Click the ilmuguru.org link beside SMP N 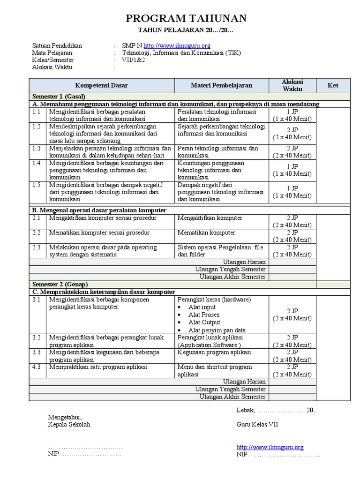pyautogui.click(x=177, y=45)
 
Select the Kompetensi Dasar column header pyautogui.click(x=102, y=85)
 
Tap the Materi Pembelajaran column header pyautogui.click(x=221, y=85)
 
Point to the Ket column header pyautogui.click(x=333, y=85)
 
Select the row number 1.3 pyautogui.click(x=37, y=149)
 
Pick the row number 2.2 pyautogui.click(x=37, y=232)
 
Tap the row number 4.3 pyautogui.click(x=37, y=367)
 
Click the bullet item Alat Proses pyautogui.click(x=203, y=315)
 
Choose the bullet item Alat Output pyautogui.click(x=204, y=322)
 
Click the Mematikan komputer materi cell pyautogui.click(x=206, y=232)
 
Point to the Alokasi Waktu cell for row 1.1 pyautogui.click(x=292, y=115)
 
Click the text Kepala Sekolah pyautogui.click(x=69, y=424)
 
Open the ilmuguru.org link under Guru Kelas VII pyautogui.click(x=270, y=447)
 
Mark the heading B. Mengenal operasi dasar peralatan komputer pyautogui.click(x=99, y=210)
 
